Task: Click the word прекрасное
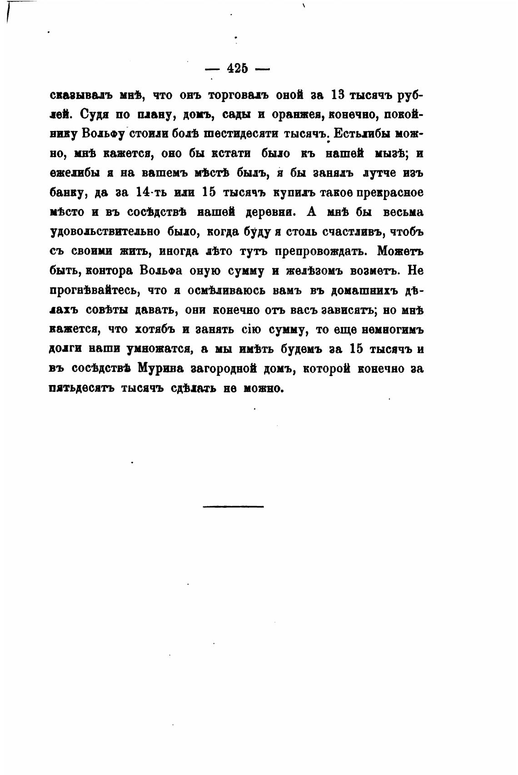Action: coord(390,193)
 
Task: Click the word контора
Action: coord(109,271)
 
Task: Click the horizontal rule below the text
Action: coord(233,506)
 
